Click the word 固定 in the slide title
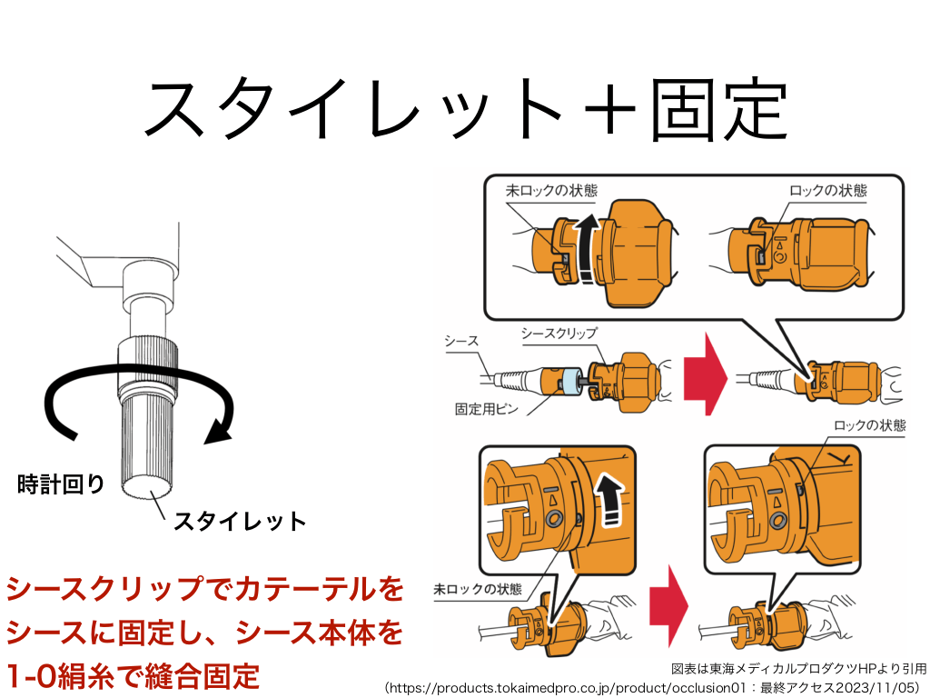[x=717, y=108]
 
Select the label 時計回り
[x=62, y=484]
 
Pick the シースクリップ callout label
[x=559, y=334]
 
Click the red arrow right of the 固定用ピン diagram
[x=706, y=373]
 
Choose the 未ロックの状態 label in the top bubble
[x=551, y=191]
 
